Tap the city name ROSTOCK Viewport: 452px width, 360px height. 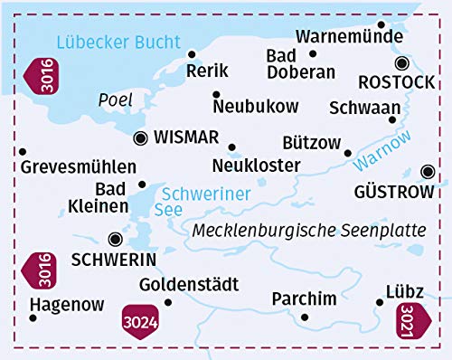pyautogui.click(x=397, y=82)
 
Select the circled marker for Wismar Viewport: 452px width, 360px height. pyautogui.click(x=140, y=138)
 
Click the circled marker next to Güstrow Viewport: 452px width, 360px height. pyautogui.click(x=428, y=171)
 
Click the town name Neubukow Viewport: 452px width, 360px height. pyautogui.click(x=256, y=107)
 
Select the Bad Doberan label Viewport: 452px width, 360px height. pyautogui.click(x=300, y=65)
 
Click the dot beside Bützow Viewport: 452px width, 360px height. pyautogui.click(x=348, y=153)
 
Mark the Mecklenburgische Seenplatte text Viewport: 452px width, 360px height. pyautogui.click(x=308, y=230)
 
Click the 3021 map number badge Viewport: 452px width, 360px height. pyautogui.click(x=409, y=322)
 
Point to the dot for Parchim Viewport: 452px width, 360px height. pyautogui.click(x=305, y=317)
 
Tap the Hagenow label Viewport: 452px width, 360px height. pyautogui.click(x=67, y=305)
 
